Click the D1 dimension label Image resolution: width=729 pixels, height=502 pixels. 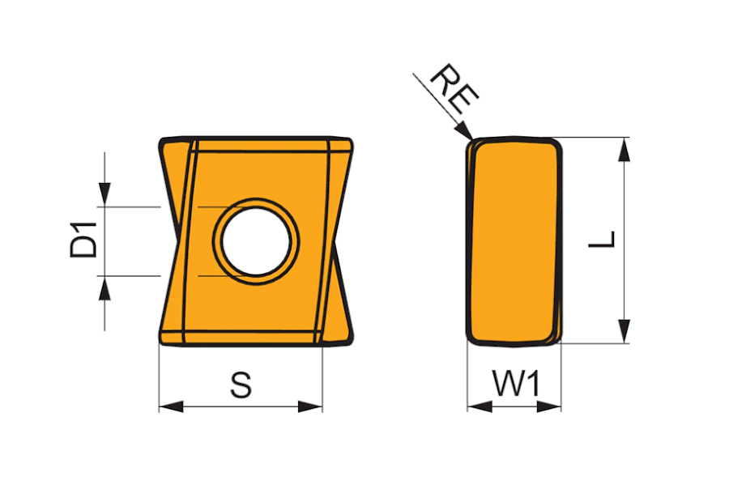(83, 240)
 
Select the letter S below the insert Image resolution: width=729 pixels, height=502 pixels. (241, 385)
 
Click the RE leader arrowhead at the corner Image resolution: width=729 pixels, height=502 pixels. (465, 131)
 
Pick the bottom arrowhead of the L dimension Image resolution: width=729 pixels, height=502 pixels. (624, 332)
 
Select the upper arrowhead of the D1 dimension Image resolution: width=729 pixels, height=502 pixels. (104, 195)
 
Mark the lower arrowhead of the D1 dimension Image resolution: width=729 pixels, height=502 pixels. (104, 287)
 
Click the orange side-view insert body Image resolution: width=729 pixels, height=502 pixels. (514, 240)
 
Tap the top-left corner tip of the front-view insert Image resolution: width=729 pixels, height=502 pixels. (160, 140)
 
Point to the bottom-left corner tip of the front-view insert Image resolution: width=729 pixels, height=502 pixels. (160, 341)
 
